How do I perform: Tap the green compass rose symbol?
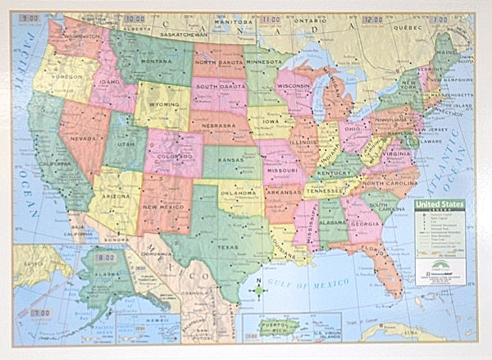[x=260, y=289]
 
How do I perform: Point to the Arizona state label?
[x=116, y=198]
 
